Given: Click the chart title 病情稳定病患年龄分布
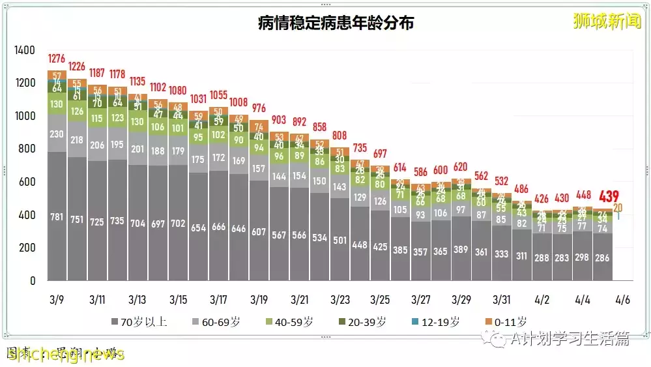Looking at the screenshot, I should (x=336, y=23).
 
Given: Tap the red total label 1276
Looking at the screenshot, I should (x=57, y=58).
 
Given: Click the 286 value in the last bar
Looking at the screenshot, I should (x=602, y=258).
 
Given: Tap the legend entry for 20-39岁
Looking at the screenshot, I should (x=363, y=321).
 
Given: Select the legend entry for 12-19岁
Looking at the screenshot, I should (x=437, y=321).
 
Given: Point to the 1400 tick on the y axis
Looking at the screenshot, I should (x=26, y=50).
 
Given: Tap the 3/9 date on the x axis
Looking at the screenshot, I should (x=57, y=300).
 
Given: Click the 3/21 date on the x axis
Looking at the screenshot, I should (x=300, y=300).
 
